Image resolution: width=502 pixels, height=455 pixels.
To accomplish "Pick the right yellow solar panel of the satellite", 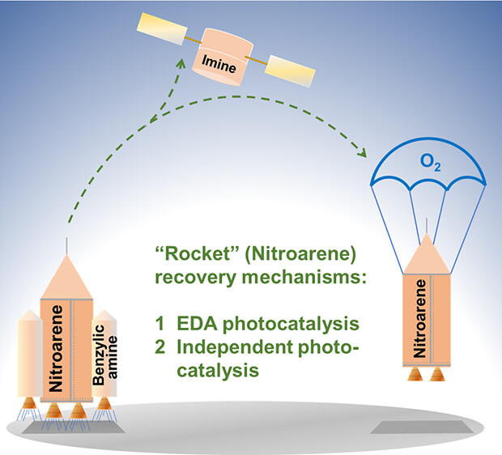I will click(284, 68).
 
